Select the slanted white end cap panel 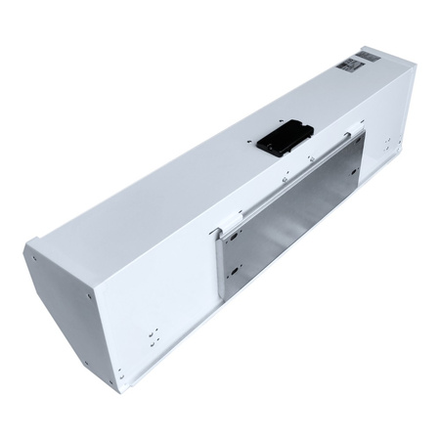click(73, 313)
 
